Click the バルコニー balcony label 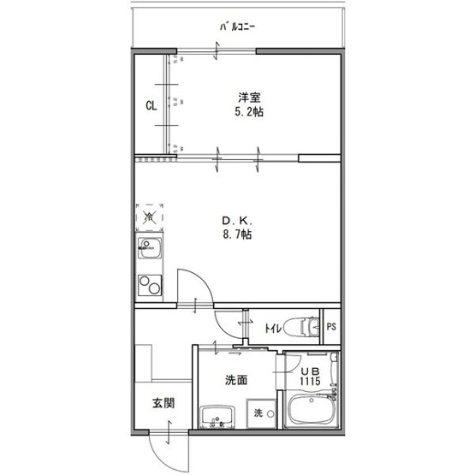238,27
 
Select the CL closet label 150,106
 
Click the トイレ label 273,327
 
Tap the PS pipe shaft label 331,326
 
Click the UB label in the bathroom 308,370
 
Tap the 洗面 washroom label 236,380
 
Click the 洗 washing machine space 258,414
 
